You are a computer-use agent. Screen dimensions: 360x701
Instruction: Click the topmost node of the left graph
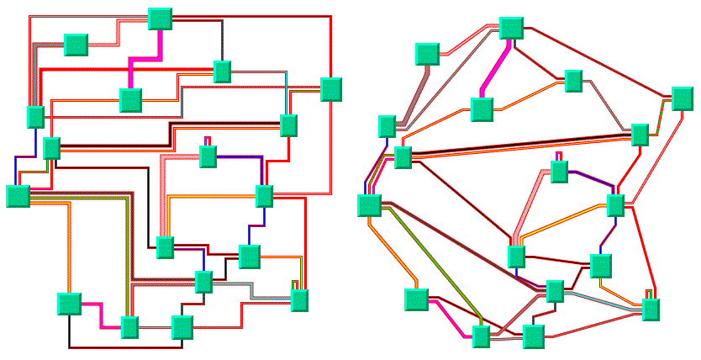coord(160,19)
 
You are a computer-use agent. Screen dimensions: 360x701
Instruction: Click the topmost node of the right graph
coord(511,27)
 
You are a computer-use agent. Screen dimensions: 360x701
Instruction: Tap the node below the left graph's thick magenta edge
coord(130,100)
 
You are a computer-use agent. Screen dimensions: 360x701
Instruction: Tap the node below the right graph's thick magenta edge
coord(481,109)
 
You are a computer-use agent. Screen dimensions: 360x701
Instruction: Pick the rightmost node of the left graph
coord(331,88)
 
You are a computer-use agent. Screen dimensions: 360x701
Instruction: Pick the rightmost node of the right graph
coord(682,99)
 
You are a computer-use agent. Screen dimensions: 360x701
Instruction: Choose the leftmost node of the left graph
coord(18,196)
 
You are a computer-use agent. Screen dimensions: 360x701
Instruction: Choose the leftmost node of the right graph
coord(368,205)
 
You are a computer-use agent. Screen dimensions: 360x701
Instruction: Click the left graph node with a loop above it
coord(208,156)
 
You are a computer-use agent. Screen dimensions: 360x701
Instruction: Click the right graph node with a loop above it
coord(559,171)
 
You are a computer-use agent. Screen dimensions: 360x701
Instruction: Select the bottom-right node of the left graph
coord(299,300)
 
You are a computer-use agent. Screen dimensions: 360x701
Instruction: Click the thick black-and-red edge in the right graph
coord(521,143)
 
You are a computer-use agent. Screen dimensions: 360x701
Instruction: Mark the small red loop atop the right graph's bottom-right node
coord(650,293)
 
